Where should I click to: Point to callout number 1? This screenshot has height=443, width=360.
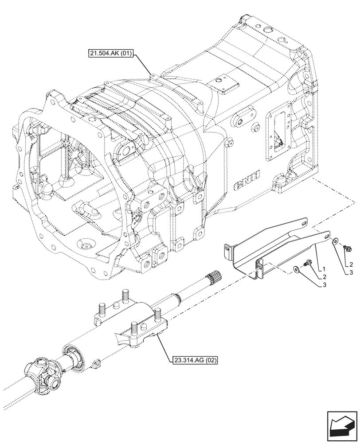325,269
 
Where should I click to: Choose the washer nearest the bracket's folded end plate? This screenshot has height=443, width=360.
296,268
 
